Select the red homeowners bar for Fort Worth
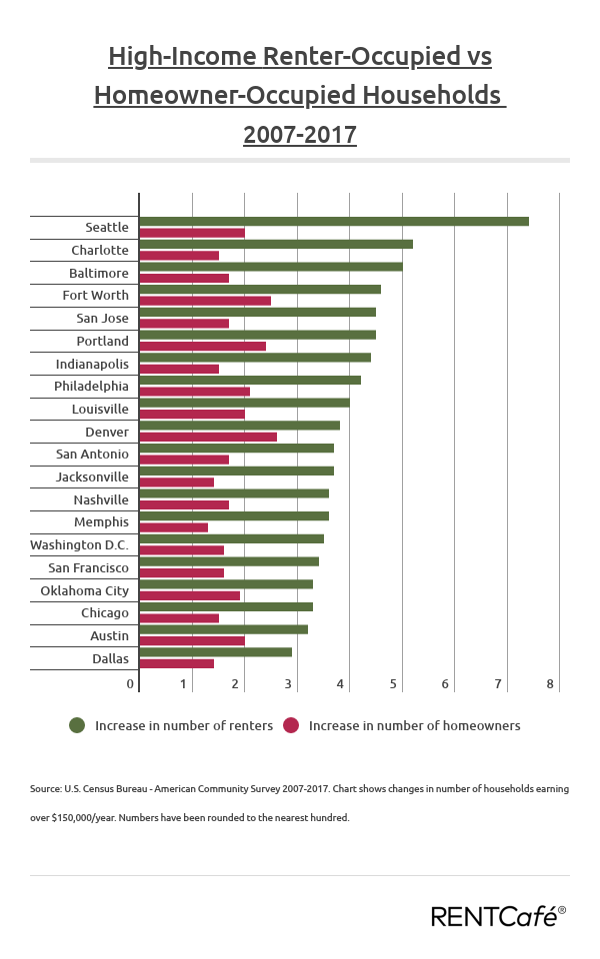[x=205, y=300]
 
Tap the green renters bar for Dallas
[x=215, y=651]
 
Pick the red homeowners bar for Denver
[x=208, y=437]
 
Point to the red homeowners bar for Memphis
[x=173, y=527]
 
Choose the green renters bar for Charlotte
[x=275, y=244]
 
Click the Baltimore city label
[x=98, y=273]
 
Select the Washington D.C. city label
[x=79, y=545]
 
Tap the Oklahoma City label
[x=84, y=590]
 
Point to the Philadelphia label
[x=91, y=386]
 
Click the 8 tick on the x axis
[x=550, y=684]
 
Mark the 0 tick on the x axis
[x=130, y=684]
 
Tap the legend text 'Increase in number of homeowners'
[x=414, y=726]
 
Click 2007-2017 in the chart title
[x=300, y=134]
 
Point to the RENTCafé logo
[x=498, y=915]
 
